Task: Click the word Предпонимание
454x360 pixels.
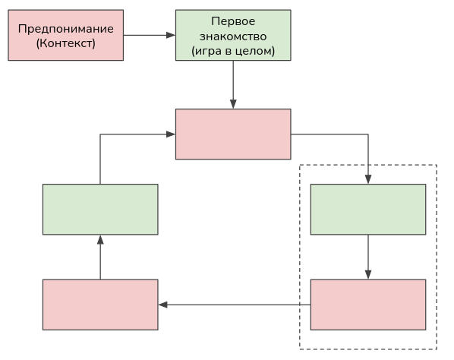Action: tap(65, 29)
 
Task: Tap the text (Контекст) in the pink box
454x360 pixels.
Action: tap(65, 43)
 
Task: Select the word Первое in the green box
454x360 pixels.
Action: tap(232, 21)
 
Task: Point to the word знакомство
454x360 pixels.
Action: tap(232, 36)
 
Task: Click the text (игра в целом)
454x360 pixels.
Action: tap(232, 51)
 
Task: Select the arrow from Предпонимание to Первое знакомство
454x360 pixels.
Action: tap(148, 35)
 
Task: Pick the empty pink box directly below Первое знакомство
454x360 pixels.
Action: tap(233, 134)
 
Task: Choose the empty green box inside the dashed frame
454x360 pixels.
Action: tap(368, 210)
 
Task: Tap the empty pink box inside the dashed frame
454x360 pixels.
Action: tap(368, 305)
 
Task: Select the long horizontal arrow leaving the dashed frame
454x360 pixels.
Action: tap(235, 305)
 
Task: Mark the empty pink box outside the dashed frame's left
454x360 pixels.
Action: tap(100, 305)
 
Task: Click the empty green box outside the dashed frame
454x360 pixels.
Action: tap(100, 210)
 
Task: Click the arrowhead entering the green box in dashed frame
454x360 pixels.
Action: tap(368, 179)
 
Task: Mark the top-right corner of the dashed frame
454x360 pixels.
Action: tap(437, 165)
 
